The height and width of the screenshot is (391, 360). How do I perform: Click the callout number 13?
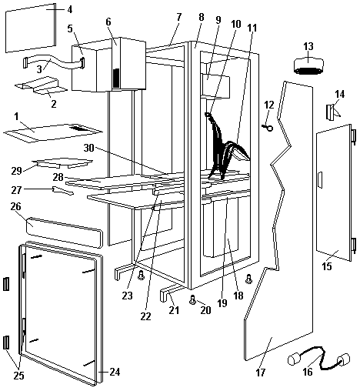tap(308, 47)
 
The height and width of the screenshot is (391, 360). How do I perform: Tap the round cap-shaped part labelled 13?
tap(308, 66)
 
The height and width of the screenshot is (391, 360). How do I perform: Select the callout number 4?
tap(69, 10)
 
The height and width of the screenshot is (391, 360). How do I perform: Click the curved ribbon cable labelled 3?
tap(54, 62)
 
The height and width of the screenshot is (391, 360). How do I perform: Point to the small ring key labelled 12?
tap(267, 128)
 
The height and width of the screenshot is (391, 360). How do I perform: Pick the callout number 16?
tap(308, 372)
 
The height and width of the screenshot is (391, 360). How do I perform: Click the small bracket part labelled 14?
tap(332, 112)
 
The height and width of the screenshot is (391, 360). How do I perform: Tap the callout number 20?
tap(205, 310)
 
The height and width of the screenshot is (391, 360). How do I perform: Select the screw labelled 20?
tap(192, 299)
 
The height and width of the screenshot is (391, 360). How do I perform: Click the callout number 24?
tap(115, 372)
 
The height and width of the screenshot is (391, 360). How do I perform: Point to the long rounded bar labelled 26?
tap(65, 232)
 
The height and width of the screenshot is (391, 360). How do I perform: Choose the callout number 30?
tap(88, 148)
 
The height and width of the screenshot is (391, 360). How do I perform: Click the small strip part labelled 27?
tap(63, 191)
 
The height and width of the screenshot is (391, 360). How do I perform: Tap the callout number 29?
tap(16, 170)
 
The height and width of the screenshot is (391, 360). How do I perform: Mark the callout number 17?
tap(261, 373)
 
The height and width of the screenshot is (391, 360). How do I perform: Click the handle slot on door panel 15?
tap(320, 180)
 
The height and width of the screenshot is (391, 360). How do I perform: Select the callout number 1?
tap(16, 117)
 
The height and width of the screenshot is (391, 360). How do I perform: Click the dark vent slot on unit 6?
tap(116, 78)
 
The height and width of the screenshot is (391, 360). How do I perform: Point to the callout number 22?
tap(145, 316)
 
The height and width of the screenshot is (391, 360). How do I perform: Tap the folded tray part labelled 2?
tap(41, 85)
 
